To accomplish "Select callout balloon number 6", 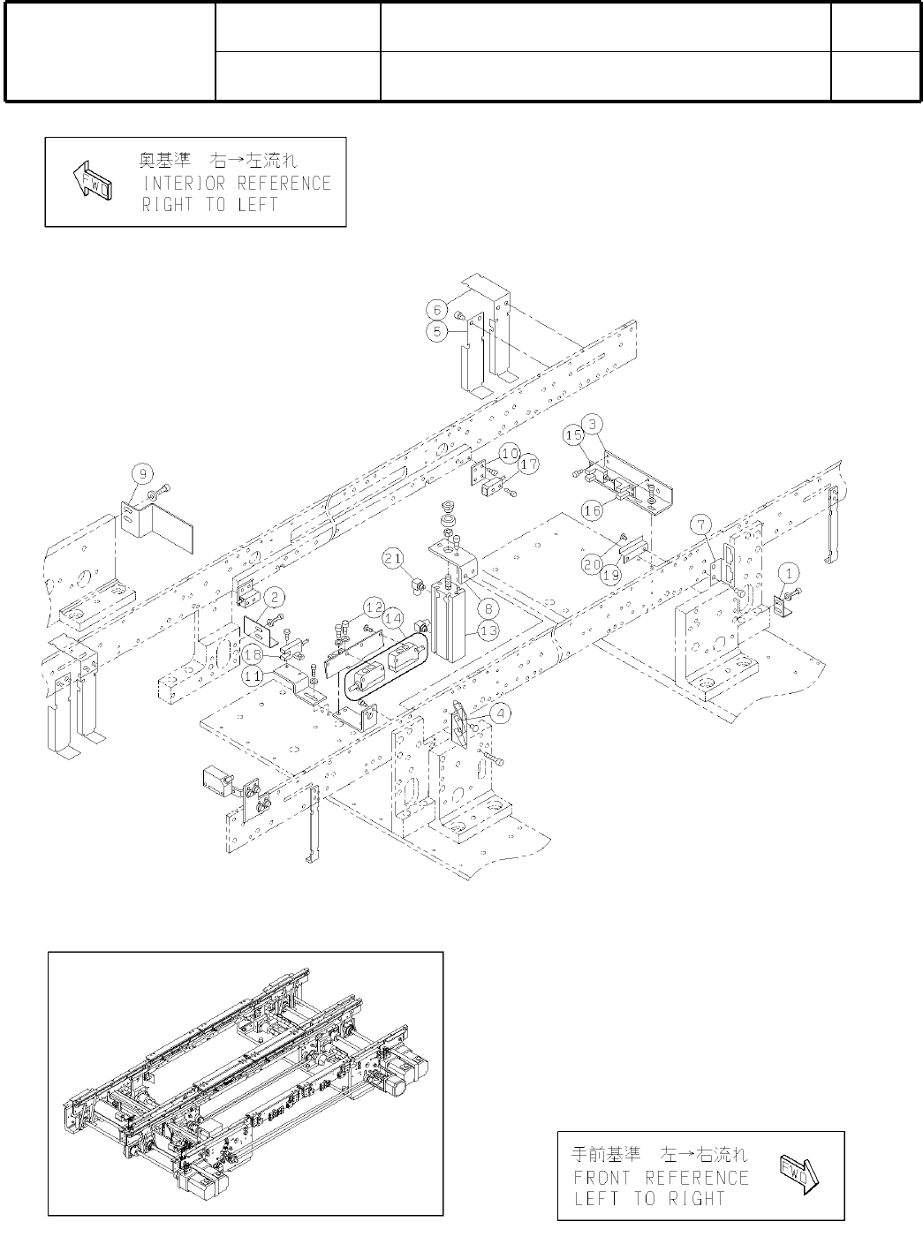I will point(436,309).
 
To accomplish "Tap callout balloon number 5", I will point(436,331).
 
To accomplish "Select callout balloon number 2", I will point(276,598).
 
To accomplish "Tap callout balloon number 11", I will point(253,675).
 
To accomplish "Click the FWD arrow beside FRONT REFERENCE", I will point(798,1175).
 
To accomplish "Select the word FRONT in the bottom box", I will point(605,1178).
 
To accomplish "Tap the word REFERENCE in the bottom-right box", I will point(697,1178).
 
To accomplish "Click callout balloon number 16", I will point(591,510).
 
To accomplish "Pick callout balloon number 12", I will point(374,607).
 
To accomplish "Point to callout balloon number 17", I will point(529,463).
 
